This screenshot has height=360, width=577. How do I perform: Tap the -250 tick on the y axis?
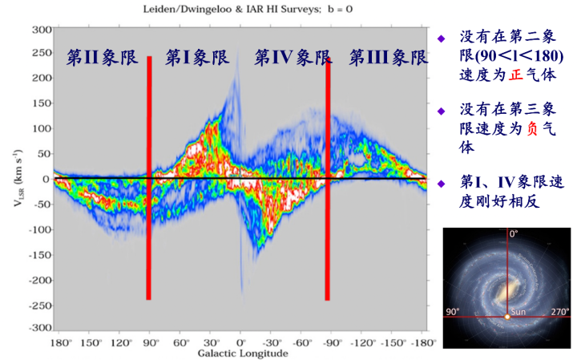click(39, 305)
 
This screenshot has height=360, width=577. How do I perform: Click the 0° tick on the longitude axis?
click(240, 342)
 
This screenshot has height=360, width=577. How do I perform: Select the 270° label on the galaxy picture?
click(558, 311)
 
